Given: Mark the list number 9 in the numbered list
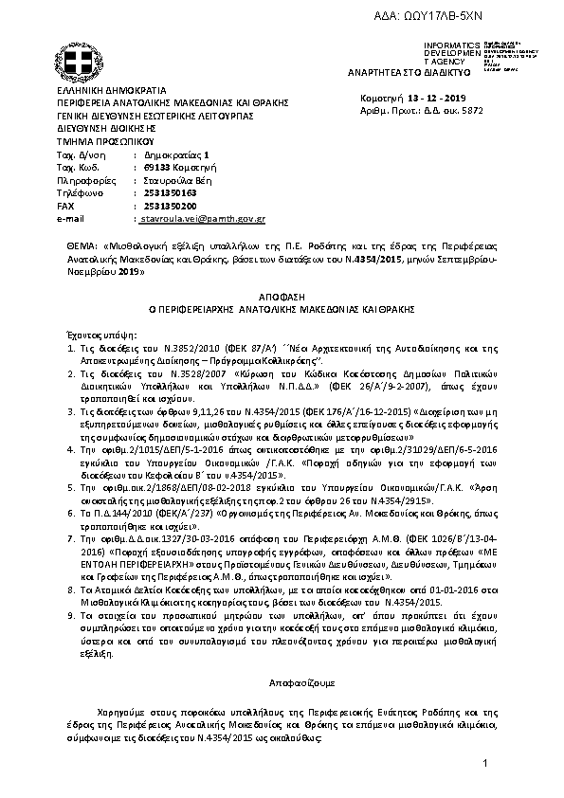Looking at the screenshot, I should tap(58, 615).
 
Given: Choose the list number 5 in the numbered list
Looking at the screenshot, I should tap(58, 486).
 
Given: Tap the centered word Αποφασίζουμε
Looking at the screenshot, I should tap(280, 681).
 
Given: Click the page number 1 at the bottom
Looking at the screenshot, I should tap(483, 763).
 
